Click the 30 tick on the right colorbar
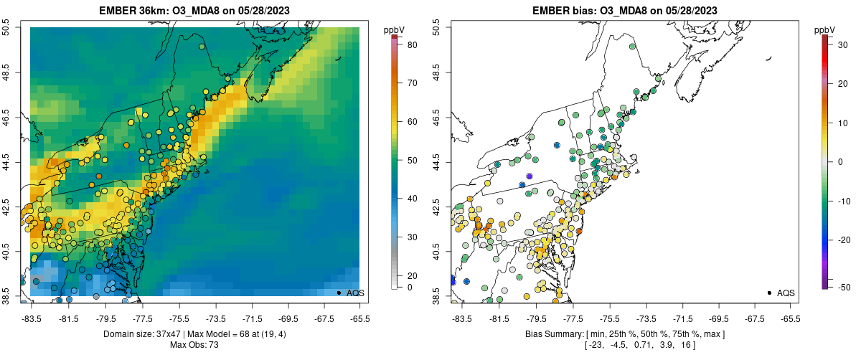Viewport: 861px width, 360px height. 839,44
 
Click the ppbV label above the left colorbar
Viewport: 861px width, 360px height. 393,29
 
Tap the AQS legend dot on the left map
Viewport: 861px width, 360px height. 339,293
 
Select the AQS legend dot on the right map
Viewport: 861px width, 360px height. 769,293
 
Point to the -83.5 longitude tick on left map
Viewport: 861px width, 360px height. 32,319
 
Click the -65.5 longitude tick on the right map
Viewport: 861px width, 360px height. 790,319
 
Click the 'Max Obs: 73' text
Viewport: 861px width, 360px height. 194,345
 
